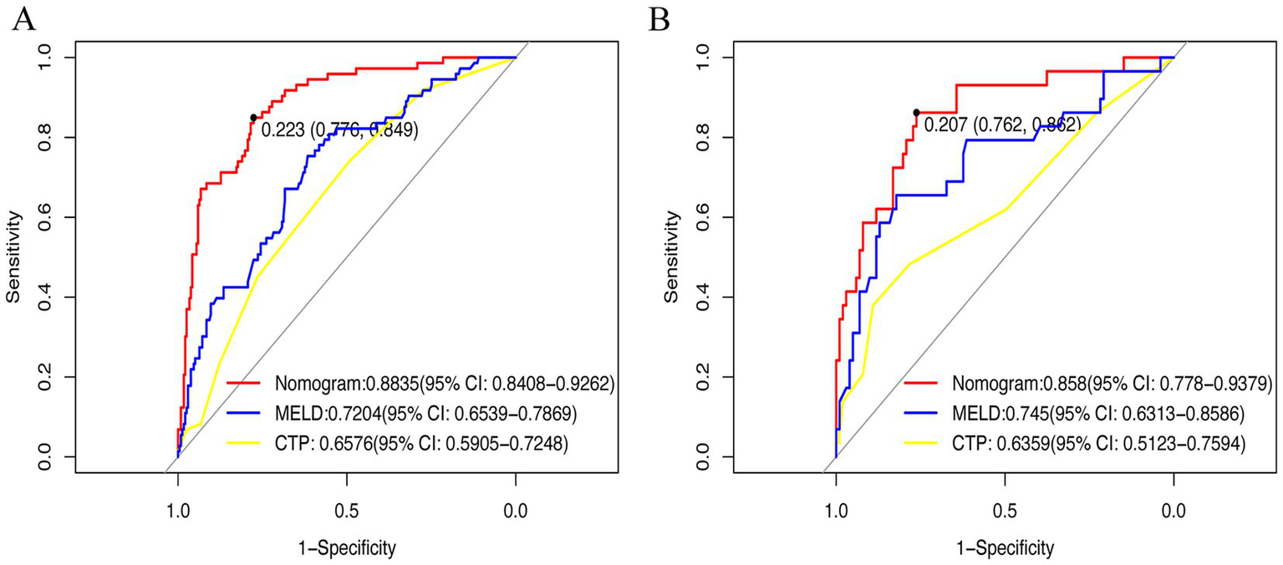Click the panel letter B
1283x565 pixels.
point(660,19)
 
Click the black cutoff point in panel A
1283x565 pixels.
point(253,118)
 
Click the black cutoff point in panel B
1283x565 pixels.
point(916,112)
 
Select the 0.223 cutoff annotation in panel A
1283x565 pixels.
point(339,130)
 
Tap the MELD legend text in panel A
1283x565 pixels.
point(424,415)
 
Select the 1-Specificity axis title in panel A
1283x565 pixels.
point(346,548)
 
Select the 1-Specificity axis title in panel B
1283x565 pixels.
point(1005,548)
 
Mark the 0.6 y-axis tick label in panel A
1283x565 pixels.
point(44,217)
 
